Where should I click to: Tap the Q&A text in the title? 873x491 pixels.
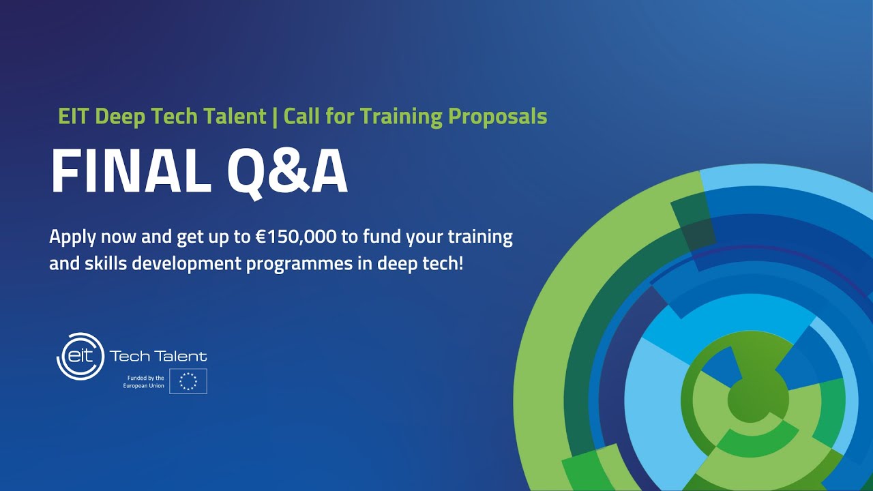pos(287,173)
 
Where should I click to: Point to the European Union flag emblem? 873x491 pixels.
pos(188,381)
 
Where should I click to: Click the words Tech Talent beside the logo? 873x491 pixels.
pos(158,356)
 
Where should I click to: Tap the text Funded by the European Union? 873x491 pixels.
pos(143,382)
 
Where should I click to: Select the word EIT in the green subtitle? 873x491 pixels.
pos(74,117)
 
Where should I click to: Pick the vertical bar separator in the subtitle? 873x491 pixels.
pos(275,117)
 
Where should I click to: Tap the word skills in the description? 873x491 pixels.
pos(105,263)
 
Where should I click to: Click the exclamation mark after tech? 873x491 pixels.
pos(461,263)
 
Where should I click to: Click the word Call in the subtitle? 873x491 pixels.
pos(303,117)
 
